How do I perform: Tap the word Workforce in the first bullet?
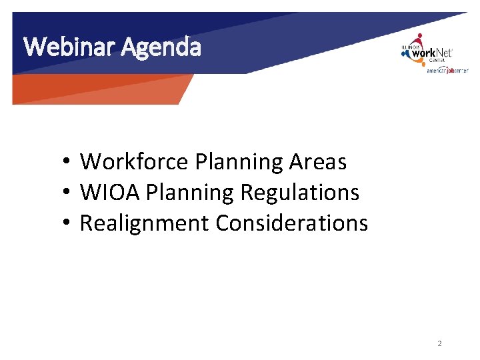pos(135,161)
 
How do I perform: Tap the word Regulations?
pos(299,193)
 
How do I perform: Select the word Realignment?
pos(144,223)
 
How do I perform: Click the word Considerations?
pos(291,223)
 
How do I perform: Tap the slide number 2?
pos(439,343)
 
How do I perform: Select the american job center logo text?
pos(447,71)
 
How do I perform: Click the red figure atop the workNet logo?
pos(419,39)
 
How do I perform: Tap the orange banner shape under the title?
pos(100,89)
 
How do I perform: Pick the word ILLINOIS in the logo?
pos(409,47)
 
